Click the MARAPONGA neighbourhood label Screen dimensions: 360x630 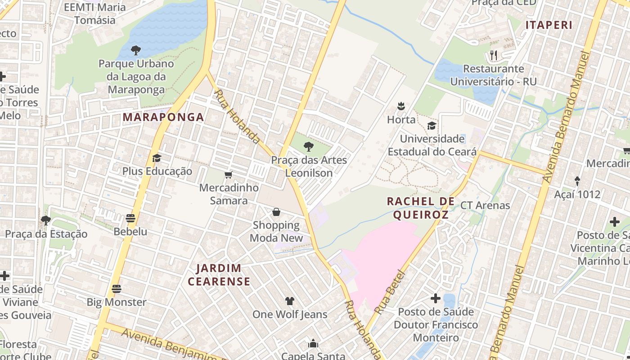[163, 117]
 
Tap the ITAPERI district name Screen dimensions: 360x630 [549, 25]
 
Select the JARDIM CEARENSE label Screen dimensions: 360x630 [219, 275]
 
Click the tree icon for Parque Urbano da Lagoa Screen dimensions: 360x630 [135, 50]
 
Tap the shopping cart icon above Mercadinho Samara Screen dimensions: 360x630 [229, 175]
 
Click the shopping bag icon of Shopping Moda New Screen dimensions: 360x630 [276, 212]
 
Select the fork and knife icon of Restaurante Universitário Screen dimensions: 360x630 [494, 55]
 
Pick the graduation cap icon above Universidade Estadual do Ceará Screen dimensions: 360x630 [432, 126]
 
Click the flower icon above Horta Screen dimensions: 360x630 [401, 107]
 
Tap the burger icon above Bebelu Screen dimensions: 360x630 [130, 218]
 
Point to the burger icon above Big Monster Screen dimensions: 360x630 [117, 288]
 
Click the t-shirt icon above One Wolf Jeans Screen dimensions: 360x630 [289, 301]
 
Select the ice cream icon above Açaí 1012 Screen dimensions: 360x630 [577, 181]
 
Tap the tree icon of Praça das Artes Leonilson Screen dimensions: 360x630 [309, 147]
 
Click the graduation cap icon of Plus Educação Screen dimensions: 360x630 [157, 158]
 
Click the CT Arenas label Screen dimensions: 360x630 [485, 206]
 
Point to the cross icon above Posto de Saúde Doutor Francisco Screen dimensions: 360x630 [435, 298]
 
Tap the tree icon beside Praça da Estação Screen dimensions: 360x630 [45, 220]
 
